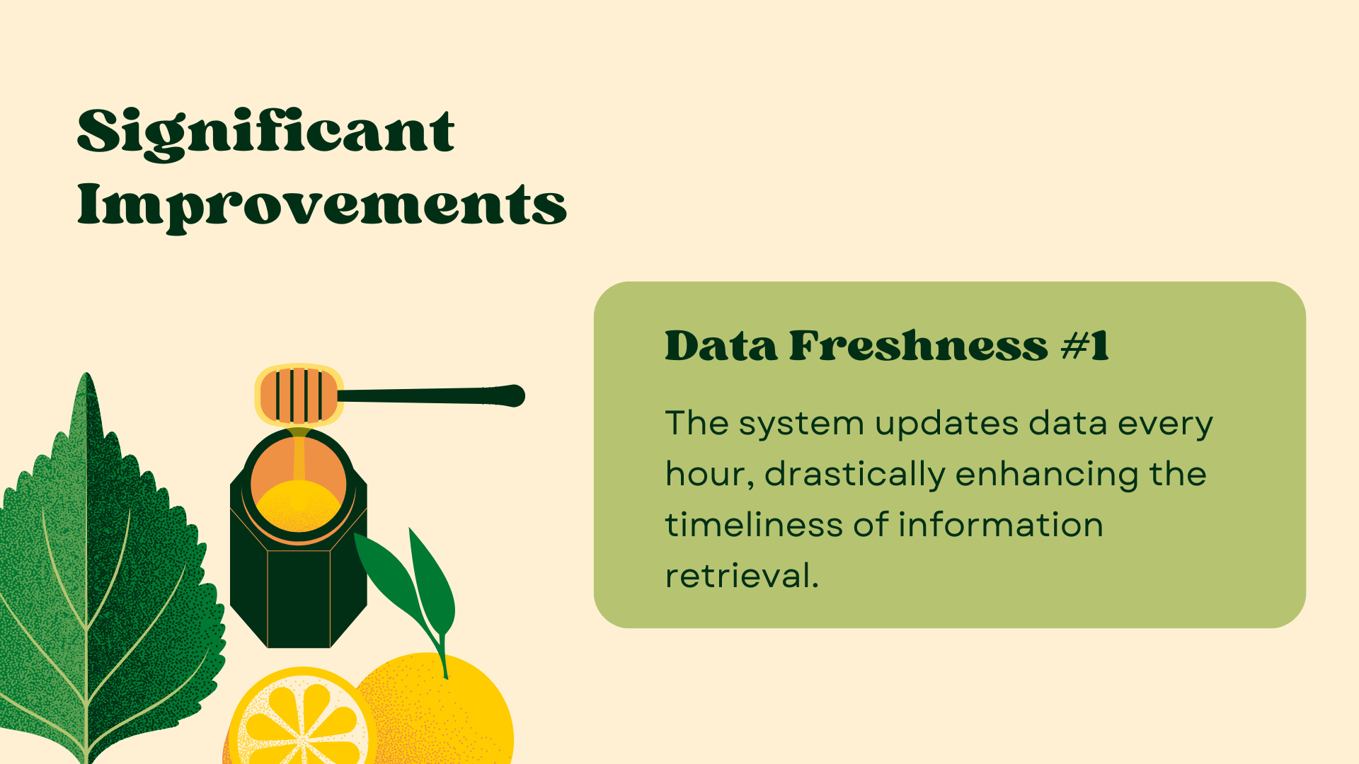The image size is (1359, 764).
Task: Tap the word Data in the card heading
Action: tap(721, 346)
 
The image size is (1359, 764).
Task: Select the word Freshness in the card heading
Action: tap(918, 346)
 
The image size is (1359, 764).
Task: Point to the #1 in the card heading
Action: tap(1085, 346)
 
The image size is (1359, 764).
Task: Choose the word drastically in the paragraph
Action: tap(855, 474)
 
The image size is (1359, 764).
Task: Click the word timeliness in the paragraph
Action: tap(754, 526)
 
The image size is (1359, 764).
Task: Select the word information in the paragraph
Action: tap(1000, 526)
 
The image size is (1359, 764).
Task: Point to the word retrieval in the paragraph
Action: tap(741, 576)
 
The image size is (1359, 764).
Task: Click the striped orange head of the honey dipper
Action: tap(299, 395)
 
